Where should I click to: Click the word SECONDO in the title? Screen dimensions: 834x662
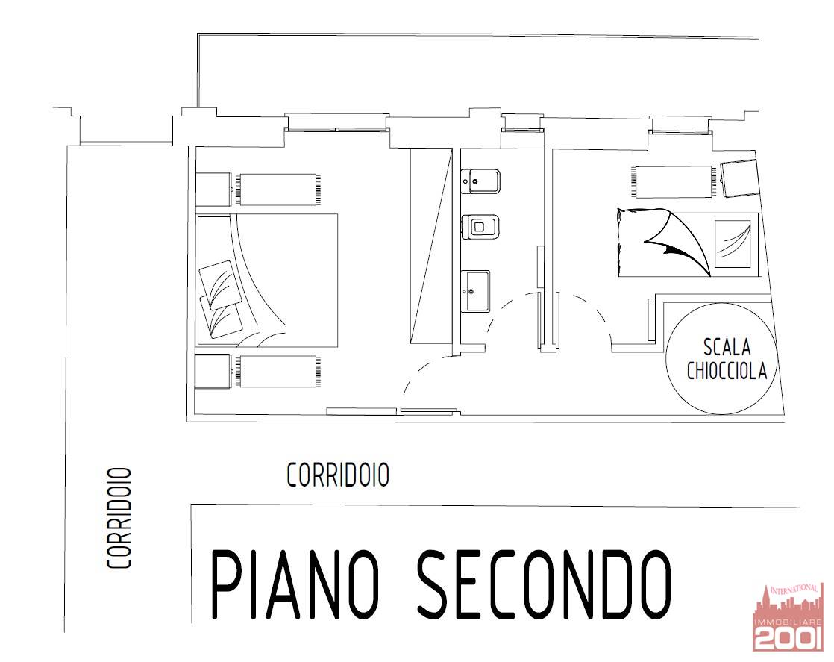point(544,584)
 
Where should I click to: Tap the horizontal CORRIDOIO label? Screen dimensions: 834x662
point(338,475)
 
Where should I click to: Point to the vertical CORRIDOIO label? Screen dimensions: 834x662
point(119,518)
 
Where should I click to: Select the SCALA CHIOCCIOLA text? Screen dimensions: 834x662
point(727,359)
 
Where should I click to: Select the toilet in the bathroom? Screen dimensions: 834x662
point(480,227)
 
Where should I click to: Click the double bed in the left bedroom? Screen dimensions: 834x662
point(267,281)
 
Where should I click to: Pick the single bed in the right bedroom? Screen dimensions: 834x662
point(690,244)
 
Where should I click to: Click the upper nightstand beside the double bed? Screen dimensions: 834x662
point(213,189)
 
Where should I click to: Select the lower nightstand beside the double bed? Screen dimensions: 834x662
point(213,372)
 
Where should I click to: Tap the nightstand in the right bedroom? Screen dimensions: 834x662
point(740,178)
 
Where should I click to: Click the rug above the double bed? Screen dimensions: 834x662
point(278,189)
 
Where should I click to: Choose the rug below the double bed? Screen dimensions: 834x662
point(278,372)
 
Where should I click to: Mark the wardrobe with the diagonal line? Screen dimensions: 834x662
point(431,246)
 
